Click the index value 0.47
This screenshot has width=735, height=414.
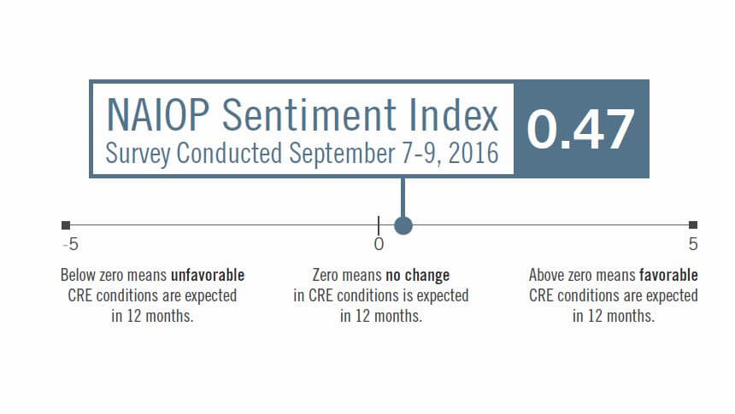coord(581,130)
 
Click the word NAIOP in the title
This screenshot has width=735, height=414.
coord(158,114)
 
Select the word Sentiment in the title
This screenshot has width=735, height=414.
coord(309,114)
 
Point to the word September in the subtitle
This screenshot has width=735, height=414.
coord(342,154)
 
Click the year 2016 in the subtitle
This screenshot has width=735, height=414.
coord(473,153)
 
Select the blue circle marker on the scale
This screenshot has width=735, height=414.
coord(403,225)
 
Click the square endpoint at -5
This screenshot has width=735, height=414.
coord(66,225)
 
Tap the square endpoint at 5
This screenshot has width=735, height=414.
coord(693,224)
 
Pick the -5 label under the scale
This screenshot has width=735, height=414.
coord(71,244)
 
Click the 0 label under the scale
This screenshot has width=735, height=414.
coord(379,244)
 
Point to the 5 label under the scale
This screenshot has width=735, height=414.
coord(693,244)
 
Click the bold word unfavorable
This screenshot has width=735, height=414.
coord(208,275)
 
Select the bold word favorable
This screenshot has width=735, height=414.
coord(668,275)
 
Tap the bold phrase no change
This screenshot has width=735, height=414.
coord(418,276)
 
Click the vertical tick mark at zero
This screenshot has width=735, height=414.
coord(379,225)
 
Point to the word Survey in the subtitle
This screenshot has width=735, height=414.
coord(138,154)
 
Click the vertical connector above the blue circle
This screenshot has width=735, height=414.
coord(403,197)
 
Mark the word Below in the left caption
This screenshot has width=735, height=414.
coord(79,275)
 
